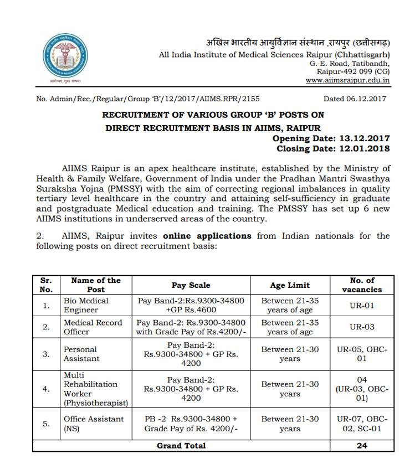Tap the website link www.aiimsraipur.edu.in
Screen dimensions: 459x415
(347, 80)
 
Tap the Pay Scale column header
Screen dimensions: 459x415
(191, 285)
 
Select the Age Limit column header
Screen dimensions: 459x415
(290, 285)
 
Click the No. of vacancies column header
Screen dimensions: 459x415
(362, 285)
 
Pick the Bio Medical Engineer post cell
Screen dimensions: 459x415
(86, 305)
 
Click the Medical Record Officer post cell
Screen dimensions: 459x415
(93, 327)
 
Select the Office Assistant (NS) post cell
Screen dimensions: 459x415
(93, 424)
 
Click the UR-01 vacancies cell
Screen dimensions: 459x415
(362, 305)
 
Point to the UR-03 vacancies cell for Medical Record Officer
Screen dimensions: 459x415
(362, 327)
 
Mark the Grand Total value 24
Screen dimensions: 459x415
(362, 445)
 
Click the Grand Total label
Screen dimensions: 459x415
(181, 445)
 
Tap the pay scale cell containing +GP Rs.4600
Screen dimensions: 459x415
(191, 305)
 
